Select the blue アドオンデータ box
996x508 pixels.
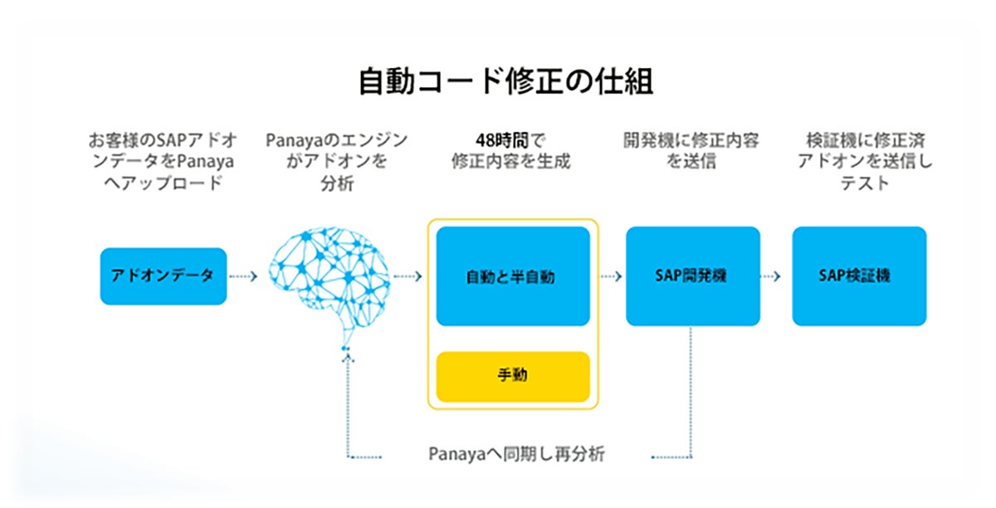163,276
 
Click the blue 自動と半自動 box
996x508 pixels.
512,277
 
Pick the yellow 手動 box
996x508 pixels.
512,375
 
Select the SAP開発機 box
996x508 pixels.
692,276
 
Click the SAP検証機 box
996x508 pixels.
859,276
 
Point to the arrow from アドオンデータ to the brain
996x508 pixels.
243,276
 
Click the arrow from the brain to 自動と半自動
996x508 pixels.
409,276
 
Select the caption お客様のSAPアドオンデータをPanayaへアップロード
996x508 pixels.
163,161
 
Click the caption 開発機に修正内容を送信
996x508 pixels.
691,150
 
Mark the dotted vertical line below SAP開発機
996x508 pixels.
692,390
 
